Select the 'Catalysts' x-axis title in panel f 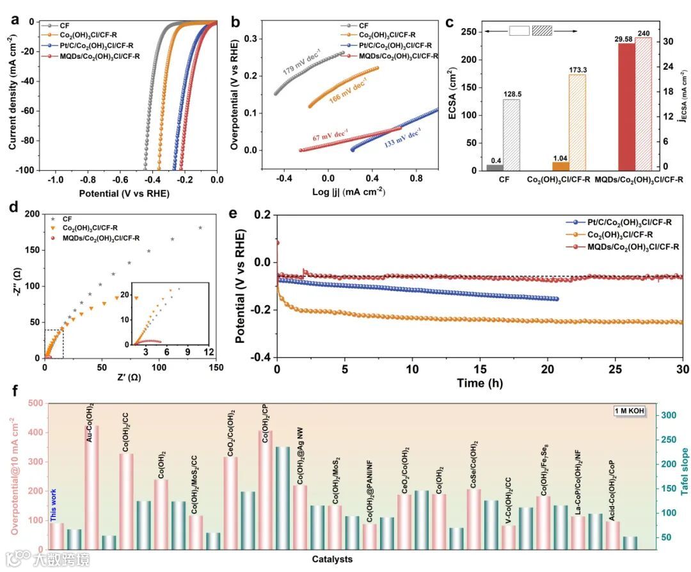tap(332, 559)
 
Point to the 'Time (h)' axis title tap(479, 383)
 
